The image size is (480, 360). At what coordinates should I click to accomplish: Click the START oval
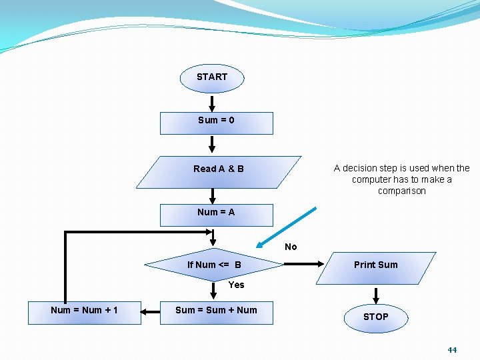click(212, 77)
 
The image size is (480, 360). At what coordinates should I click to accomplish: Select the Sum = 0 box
click(216, 123)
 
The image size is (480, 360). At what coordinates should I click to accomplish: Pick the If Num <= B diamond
click(215, 265)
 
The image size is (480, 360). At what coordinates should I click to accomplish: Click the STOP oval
click(375, 317)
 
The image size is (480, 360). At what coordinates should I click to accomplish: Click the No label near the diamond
click(291, 247)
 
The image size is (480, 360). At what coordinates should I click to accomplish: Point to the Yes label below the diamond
click(236, 285)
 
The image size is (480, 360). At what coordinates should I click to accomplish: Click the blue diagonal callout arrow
click(287, 227)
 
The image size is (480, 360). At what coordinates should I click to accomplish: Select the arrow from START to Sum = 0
click(212, 103)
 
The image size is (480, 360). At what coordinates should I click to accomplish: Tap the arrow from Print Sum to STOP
click(376, 295)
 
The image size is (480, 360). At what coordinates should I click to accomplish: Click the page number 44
click(452, 349)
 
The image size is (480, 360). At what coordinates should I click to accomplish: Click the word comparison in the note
click(401, 191)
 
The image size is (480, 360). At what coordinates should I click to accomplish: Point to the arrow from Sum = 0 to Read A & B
click(212, 145)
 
